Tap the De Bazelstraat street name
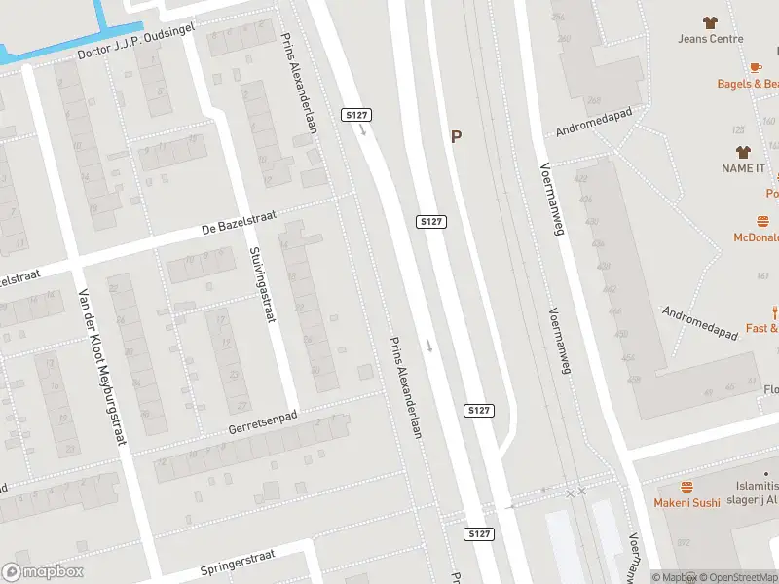pos(234,227)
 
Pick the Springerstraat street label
pos(238,563)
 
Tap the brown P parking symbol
pos(456,137)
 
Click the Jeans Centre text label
pos(711,39)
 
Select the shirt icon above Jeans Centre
pos(711,21)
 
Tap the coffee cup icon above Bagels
pos(755,66)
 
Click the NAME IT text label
pos(744,168)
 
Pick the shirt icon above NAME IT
pos(744,151)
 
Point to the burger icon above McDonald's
pos(763,221)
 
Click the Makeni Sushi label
pos(686,502)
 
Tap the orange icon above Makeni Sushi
pos(686,486)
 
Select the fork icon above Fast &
pos(775,311)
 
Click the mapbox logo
pos(42,572)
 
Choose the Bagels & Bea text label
pos(747,84)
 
